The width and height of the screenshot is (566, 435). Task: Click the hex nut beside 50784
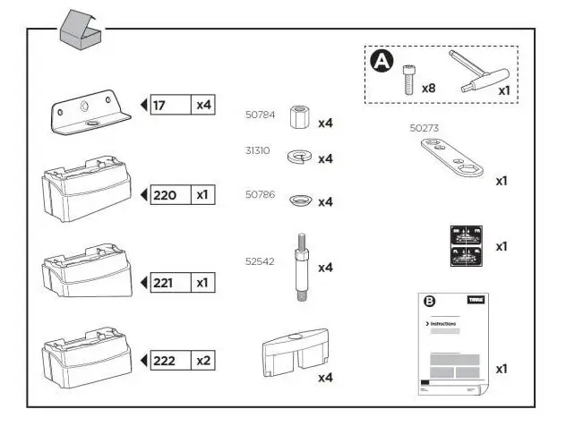(x=300, y=116)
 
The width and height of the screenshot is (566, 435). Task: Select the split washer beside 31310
(x=298, y=157)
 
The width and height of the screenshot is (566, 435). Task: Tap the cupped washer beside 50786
(x=300, y=200)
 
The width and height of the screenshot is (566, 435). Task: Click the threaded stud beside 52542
(x=300, y=267)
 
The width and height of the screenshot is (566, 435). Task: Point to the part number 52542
(x=260, y=262)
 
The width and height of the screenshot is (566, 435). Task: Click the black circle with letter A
(x=382, y=61)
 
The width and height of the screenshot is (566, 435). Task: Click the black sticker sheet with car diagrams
(x=466, y=245)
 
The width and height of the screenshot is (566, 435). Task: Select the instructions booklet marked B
(x=452, y=343)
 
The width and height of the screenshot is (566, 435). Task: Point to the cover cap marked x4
(x=293, y=354)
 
